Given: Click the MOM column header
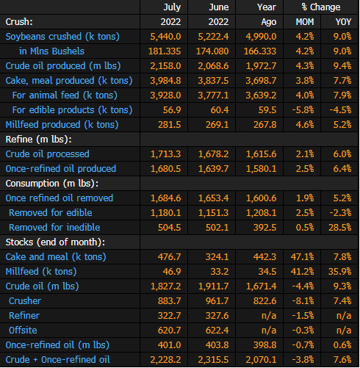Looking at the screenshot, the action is point(305,22).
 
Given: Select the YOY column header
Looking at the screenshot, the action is point(343,22).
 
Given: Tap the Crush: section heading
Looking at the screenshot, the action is point(19,22).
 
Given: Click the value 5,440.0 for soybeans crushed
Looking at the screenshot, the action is point(165,37).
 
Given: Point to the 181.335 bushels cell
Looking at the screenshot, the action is point(165,51).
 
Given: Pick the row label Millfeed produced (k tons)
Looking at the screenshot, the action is point(62,125).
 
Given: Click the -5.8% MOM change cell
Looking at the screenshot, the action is point(303,110).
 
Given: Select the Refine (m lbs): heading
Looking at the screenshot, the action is point(39,140).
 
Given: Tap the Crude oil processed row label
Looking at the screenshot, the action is point(48,154).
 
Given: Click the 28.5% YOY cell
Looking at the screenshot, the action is point(340,228).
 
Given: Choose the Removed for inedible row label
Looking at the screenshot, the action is point(54,228).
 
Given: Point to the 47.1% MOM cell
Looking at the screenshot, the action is point(302,257).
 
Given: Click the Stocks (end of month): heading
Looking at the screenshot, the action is point(55,242).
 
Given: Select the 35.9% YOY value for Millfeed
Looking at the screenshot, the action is point(340,272).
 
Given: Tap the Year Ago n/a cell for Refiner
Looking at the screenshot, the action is point(269,316).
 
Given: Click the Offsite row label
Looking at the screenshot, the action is point(23,331).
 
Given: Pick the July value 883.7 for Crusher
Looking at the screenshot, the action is point(170,301).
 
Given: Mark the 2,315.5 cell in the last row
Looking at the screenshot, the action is point(213,360).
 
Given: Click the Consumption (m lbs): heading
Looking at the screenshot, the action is point(52,184).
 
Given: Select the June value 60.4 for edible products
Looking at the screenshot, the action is point(220,110).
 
